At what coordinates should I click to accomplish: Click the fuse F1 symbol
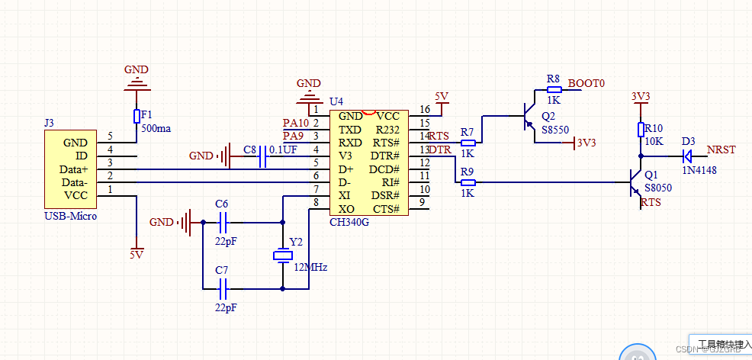pos(137,116)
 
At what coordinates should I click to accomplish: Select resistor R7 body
pos(468,143)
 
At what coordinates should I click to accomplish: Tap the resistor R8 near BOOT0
pos(554,89)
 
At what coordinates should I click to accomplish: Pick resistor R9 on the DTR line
pos(468,182)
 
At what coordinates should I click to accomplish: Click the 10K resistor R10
pos(641,130)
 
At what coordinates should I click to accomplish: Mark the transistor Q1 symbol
pos(632,182)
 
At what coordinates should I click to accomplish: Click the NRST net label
pos(721,149)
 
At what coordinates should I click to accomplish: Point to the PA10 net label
pos(296,123)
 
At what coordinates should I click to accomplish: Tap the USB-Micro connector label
pos(71,217)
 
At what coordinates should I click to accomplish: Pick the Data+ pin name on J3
pos(74,169)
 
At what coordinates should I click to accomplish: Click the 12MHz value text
pos(310,268)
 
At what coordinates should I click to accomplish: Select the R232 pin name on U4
pos(388,129)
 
